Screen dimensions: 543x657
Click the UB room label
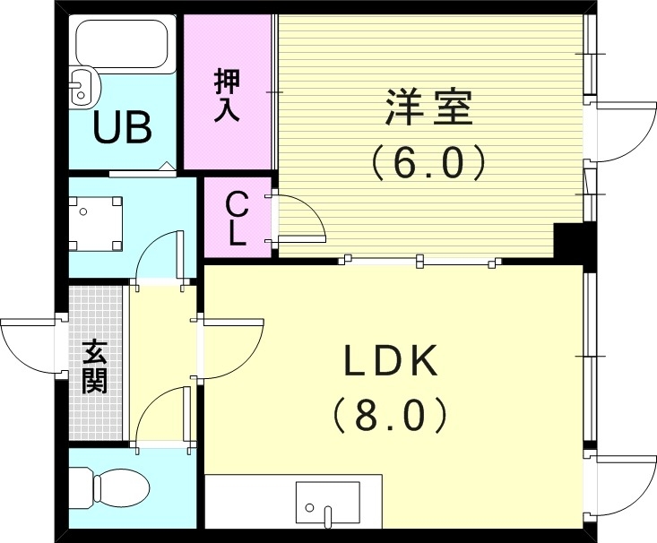point(123,130)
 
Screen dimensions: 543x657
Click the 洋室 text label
point(428,109)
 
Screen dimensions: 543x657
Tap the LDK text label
point(391,362)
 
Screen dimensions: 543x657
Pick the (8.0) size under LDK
point(391,415)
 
